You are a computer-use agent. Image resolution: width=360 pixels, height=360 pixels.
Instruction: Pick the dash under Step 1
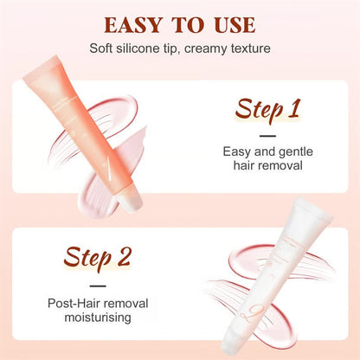pyautogui.click(x=268, y=135)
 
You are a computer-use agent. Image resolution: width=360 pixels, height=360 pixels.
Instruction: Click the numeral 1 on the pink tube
pyautogui.click(x=105, y=165)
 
